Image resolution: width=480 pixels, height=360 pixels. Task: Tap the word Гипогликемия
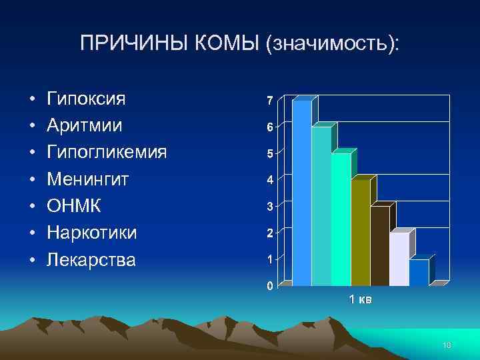pos(107,153)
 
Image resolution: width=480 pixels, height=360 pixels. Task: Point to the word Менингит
pos(88,179)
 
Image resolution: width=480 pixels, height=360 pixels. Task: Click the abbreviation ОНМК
pos(74,206)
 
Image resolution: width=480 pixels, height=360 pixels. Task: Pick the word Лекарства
pos(91,259)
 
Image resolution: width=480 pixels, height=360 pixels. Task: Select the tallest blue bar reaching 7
pos(302,193)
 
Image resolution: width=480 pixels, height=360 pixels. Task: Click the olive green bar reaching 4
pos(360,233)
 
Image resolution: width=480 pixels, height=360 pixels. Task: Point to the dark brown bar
pos(379,247)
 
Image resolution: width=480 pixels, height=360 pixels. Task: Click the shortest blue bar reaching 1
pos(418,273)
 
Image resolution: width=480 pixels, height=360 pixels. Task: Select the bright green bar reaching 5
pos(341,220)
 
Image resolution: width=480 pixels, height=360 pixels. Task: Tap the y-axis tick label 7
pos(269,101)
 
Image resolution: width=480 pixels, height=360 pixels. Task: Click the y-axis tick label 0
pos(269,287)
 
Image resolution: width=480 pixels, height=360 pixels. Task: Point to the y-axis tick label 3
pos(269,207)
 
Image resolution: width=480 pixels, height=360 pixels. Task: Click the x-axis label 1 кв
pos(361,299)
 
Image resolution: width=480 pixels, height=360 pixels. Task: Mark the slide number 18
pos(447,344)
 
